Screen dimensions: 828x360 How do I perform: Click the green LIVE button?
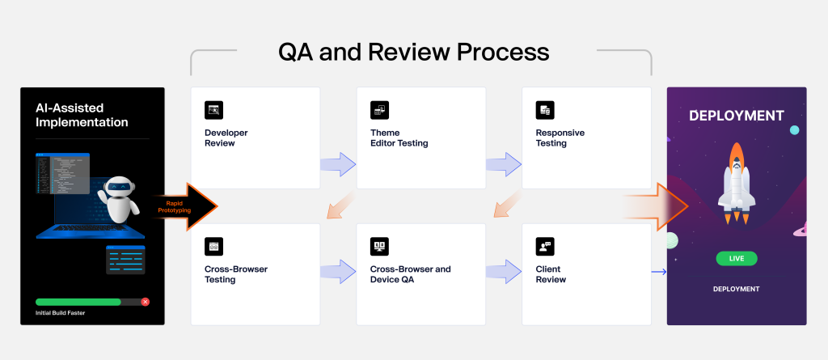[737, 259]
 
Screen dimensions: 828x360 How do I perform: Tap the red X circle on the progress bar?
[146, 302]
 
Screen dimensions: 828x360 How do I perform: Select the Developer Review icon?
[213, 110]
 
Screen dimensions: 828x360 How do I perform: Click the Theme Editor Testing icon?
[379, 110]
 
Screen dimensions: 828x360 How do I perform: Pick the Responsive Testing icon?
[545, 110]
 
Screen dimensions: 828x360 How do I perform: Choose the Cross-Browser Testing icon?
[213, 247]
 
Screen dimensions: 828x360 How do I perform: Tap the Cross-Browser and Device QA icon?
[379, 247]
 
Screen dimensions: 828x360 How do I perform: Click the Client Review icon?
[545, 247]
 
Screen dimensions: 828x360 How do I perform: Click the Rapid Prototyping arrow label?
[175, 206]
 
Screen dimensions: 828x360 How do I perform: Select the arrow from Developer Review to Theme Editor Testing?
[338, 164]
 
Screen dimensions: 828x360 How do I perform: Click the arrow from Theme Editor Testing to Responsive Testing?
[504, 164]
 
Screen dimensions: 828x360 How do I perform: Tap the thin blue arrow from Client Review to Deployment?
[659, 272]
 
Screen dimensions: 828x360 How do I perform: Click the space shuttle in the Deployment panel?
[736, 183]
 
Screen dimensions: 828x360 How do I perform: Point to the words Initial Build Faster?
[60, 313]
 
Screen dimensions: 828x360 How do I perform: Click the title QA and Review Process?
[414, 52]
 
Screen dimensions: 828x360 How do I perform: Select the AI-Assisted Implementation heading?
[82, 115]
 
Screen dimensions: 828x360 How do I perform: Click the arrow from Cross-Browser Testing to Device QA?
[338, 272]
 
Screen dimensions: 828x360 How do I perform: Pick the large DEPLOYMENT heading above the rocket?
[737, 116]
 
